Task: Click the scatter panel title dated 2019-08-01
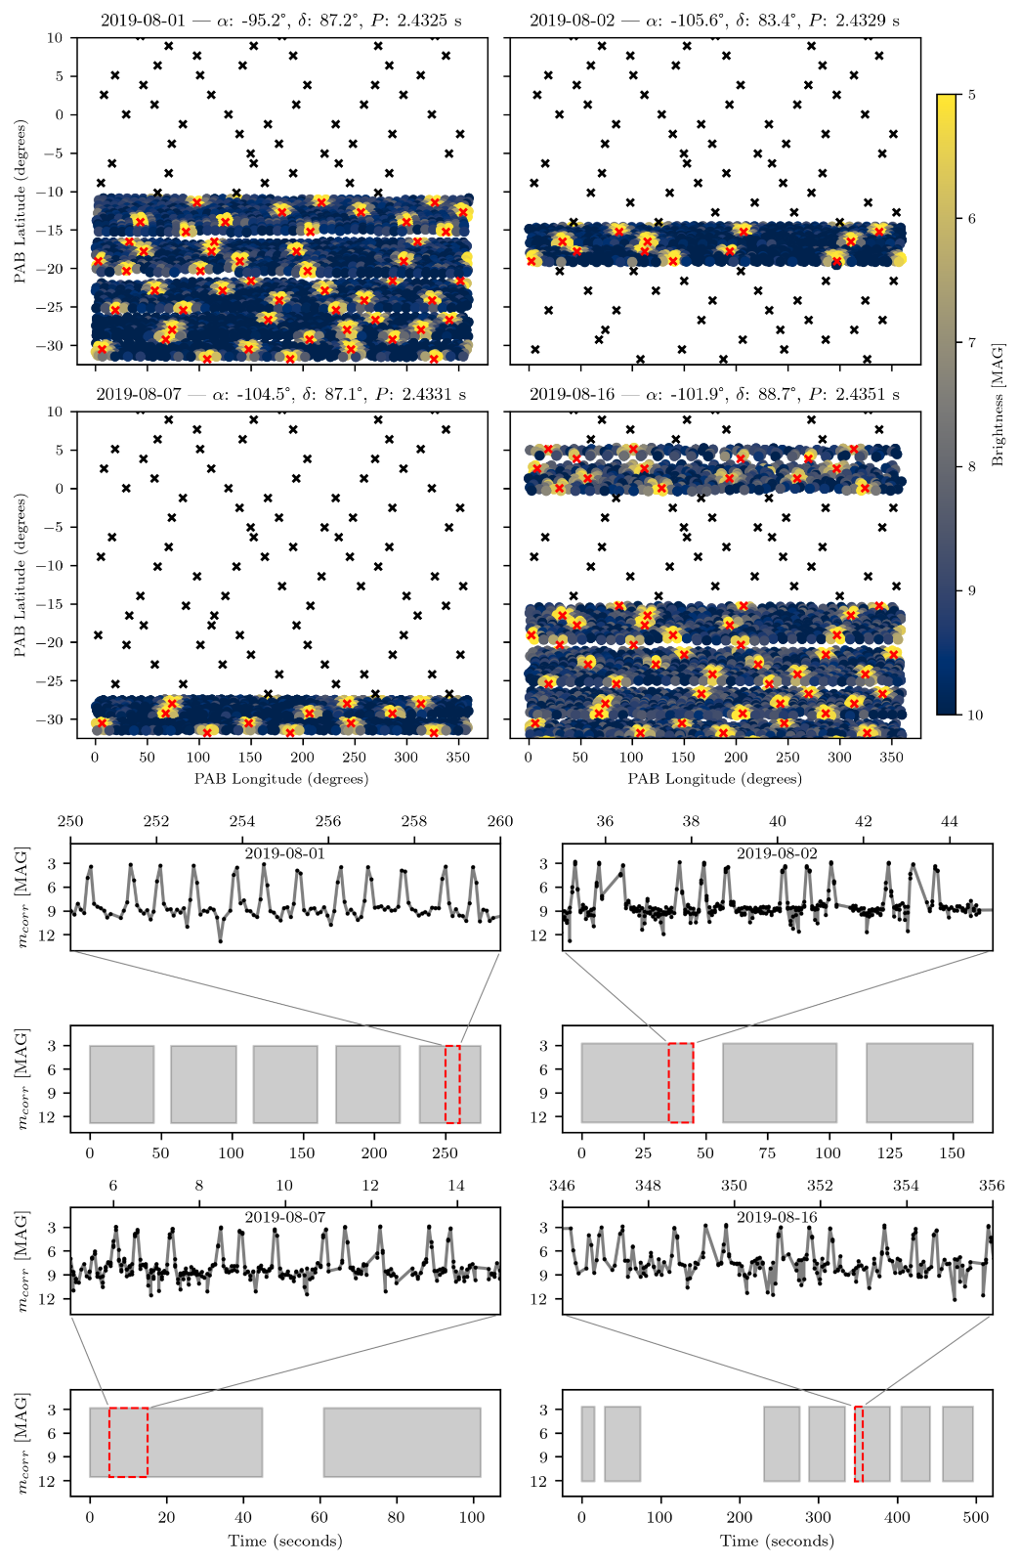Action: coord(282,21)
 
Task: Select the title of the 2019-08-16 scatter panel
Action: coord(714,395)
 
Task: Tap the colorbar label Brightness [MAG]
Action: coord(998,404)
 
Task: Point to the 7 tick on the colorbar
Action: coord(972,342)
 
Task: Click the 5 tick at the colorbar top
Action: coord(972,95)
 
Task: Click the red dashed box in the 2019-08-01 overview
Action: coord(452,1084)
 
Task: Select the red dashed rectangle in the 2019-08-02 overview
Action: coord(681,1083)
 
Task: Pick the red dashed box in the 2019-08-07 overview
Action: coord(129,1442)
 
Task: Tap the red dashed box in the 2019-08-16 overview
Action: coord(859,1444)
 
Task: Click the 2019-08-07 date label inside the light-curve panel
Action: coord(285,1218)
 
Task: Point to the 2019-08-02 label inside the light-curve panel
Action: coord(777,853)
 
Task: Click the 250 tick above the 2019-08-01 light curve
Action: coord(70,821)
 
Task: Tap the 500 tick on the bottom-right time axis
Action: coord(975,1517)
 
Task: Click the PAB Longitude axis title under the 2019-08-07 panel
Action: coord(281,779)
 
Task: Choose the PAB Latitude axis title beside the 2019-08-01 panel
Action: coord(21,201)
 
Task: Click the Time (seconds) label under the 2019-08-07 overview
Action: coord(285,1542)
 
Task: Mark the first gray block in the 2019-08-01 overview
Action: coord(122,1084)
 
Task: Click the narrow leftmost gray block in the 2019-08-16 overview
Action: coord(588,1444)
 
